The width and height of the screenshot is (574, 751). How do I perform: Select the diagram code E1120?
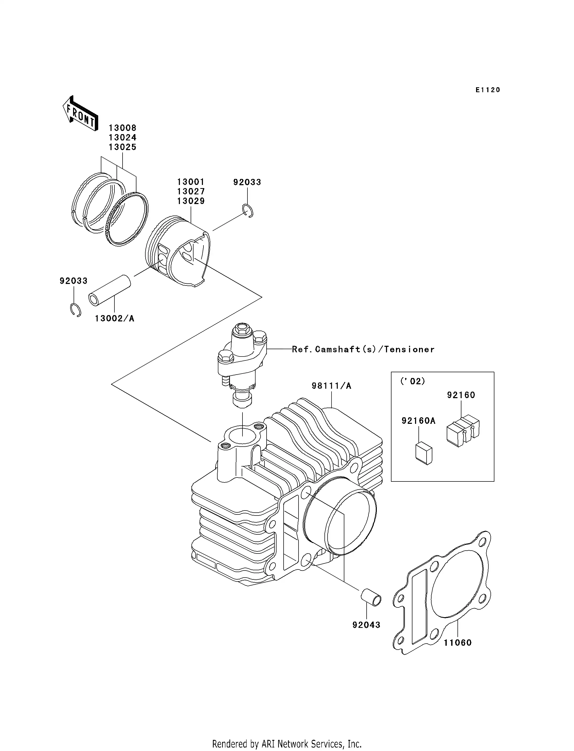(x=488, y=90)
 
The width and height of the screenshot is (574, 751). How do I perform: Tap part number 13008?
(x=122, y=128)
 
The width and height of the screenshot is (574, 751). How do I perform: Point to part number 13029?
(x=191, y=201)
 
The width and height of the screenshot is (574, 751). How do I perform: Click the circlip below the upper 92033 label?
(x=248, y=211)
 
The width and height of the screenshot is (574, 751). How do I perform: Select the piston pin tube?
(x=110, y=290)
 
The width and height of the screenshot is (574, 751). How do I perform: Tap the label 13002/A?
(x=114, y=319)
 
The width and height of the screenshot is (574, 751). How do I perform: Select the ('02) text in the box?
(x=412, y=381)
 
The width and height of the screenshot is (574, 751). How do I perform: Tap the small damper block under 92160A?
(x=424, y=453)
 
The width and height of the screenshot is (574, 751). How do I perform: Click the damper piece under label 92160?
(x=463, y=430)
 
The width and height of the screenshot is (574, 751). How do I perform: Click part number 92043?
(x=366, y=625)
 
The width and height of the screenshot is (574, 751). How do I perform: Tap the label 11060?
(x=457, y=643)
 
